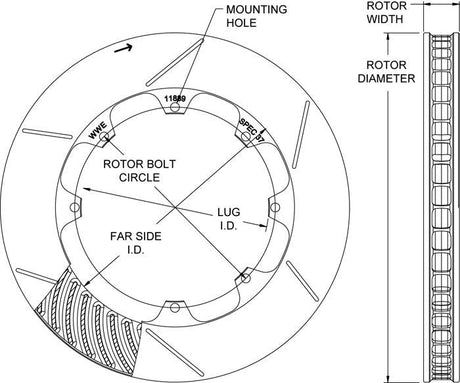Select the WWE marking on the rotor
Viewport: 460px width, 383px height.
pyautogui.click(x=99, y=131)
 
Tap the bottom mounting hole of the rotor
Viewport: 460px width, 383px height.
pyautogui.click(x=173, y=305)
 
